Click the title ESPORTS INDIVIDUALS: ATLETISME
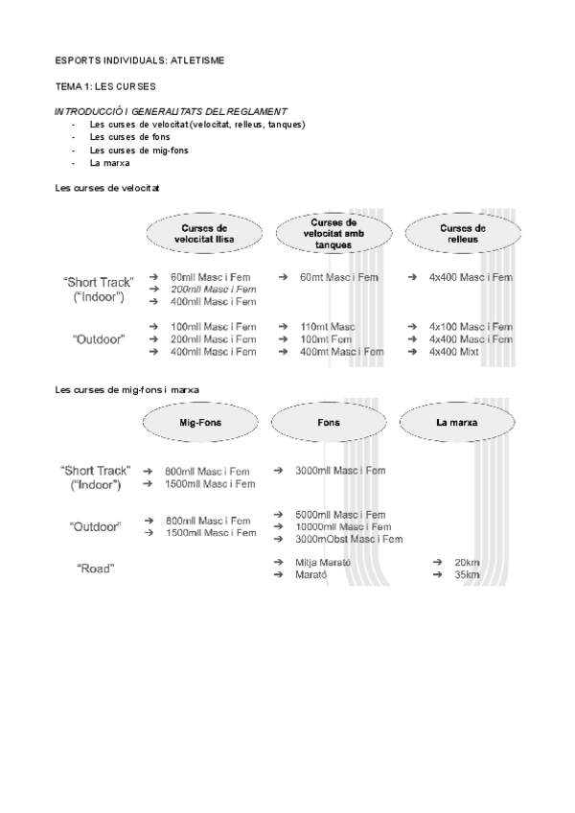(x=139, y=59)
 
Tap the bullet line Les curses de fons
(x=123, y=137)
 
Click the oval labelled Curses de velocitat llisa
(x=204, y=233)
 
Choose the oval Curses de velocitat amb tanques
(x=333, y=233)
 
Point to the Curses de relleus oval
(x=463, y=233)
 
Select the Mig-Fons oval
(x=202, y=422)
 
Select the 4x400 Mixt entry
(x=453, y=352)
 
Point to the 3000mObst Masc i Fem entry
(x=349, y=539)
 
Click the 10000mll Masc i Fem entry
(x=342, y=526)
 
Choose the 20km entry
(x=467, y=562)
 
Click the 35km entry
(x=467, y=574)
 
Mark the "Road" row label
(x=96, y=569)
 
